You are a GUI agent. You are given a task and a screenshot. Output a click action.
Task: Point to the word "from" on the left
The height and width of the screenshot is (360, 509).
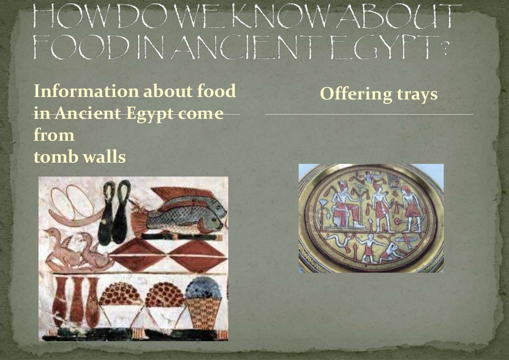point(54,136)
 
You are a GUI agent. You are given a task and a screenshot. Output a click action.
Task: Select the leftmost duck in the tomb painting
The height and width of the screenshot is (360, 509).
point(59,248)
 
